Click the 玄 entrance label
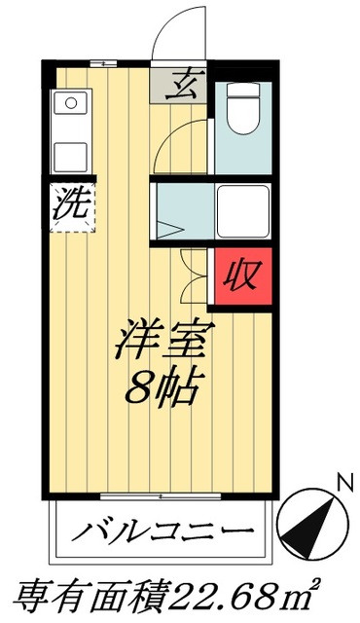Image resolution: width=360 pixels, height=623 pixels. pyautogui.click(x=180, y=88)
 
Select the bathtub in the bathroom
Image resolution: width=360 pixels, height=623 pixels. pyautogui.click(x=241, y=207)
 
